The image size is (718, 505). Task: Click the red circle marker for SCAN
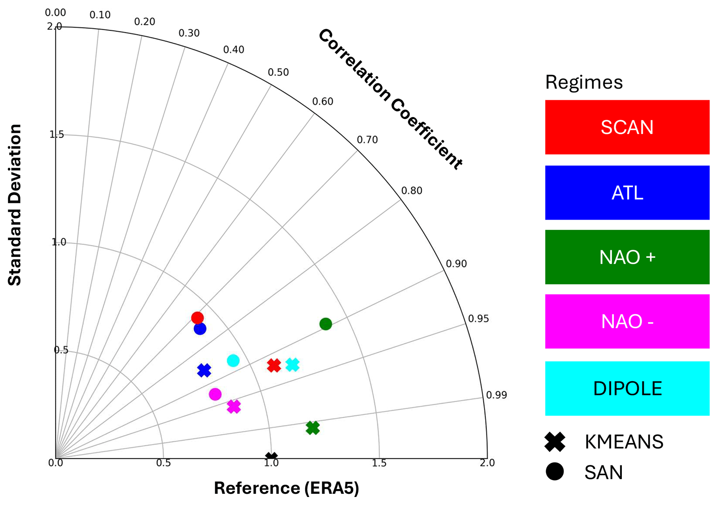[x=197, y=318]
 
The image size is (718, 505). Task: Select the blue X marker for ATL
[x=204, y=370]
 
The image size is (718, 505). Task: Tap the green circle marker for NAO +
[x=326, y=324]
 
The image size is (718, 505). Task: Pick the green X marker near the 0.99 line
[x=313, y=428]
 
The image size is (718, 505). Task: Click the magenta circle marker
[x=215, y=394]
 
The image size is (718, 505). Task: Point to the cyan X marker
[x=292, y=365]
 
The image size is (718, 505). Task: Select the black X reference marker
[x=271, y=457]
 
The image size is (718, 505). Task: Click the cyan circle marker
[x=233, y=360]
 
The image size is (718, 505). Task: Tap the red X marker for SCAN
[x=274, y=366]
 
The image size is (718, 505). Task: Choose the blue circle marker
[x=200, y=329]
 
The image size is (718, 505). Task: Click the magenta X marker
[x=234, y=406]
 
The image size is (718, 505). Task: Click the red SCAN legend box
[x=627, y=127]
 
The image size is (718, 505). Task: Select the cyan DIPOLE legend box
[x=627, y=388]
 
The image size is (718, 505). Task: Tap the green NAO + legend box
[x=627, y=257]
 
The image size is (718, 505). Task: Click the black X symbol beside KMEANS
[x=555, y=442]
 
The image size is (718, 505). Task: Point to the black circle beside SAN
[x=555, y=471]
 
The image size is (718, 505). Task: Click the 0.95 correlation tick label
[x=478, y=319]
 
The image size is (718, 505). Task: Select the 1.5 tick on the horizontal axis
[x=379, y=463]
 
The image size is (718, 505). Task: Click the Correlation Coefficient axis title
[x=390, y=99]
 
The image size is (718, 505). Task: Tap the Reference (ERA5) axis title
[x=286, y=488]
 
